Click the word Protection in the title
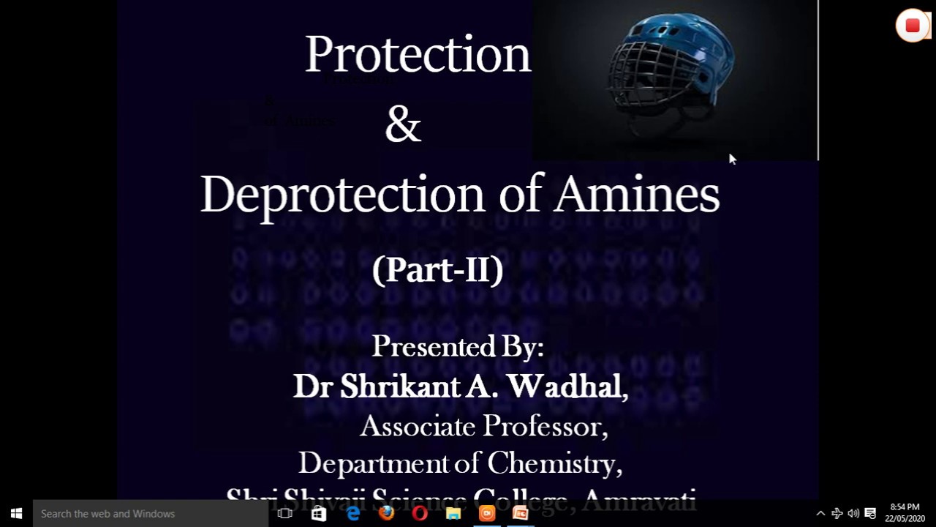[x=418, y=55]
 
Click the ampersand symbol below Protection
[x=403, y=125]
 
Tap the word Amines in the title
[x=637, y=195]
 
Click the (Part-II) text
[x=437, y=270]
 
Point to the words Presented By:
[x=458, y=347]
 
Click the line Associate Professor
[x=483, y=426]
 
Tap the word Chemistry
[x=554, y=463]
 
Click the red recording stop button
[x=912, y=26]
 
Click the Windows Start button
[x=16, y=514]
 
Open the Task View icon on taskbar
[x=285, y=514]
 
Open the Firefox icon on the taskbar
[x=386, y=514]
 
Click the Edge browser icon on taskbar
[x=353, y=514]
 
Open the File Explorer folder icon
[x=453, y=514]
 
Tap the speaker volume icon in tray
[x=853, y=514]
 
